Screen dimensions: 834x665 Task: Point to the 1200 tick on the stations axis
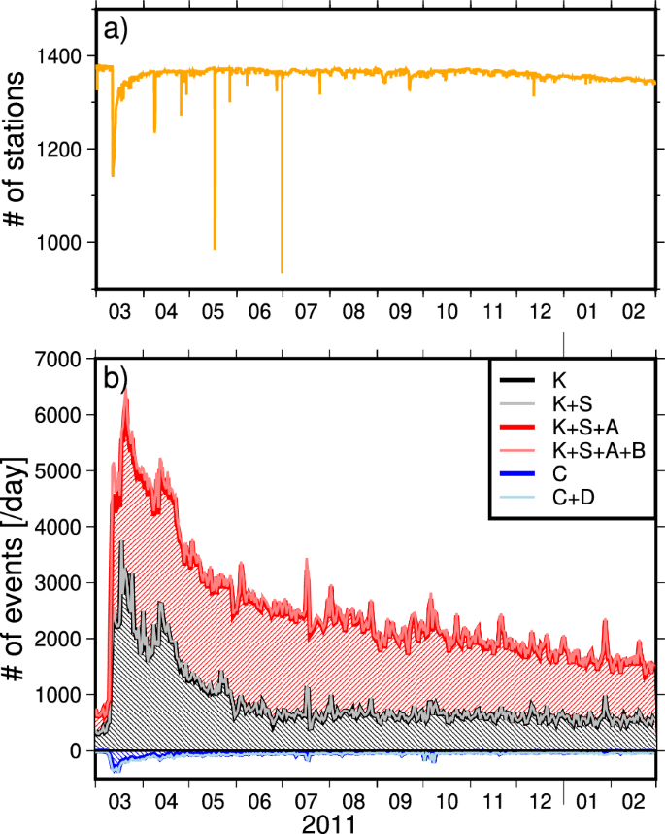pos(68,149)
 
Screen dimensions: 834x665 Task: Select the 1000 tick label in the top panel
pos(68,242)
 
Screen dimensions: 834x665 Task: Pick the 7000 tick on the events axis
pos(68,360)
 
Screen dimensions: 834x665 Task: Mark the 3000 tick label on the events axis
pos(68,583)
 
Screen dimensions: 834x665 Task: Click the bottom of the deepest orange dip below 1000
pos(282,272)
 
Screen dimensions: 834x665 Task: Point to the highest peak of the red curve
pos(125,392)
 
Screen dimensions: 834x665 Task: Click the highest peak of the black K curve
pos(121,541)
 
